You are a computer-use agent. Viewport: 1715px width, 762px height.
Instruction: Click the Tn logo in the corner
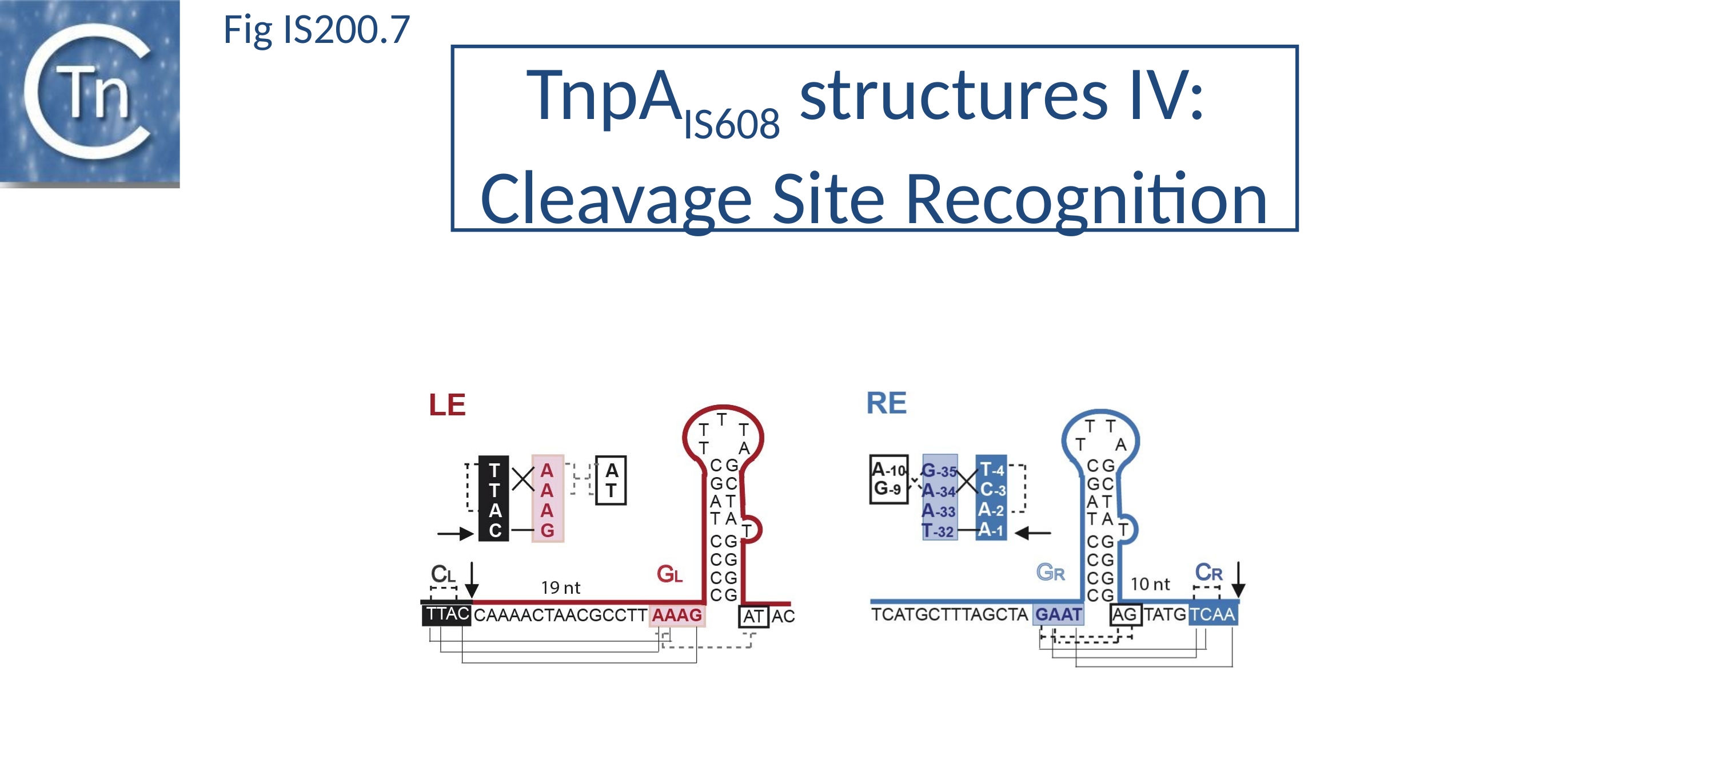pyautogui.click(x=90, y=93)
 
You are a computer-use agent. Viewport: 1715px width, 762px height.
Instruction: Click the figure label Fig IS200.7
pyautogui.click(x=316, y=30)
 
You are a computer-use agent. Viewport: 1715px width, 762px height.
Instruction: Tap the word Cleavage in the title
pyautogui.click(x=615, y=199)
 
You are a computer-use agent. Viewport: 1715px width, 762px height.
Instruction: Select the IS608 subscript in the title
pyautogui.click(x=731, y=124)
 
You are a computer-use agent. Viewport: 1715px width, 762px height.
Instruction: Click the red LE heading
pyautogui.click(x=446, y=405)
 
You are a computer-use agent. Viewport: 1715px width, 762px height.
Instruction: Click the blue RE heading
pyautogui.click(x=886, y=403)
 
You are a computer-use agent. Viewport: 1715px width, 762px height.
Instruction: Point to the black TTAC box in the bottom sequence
pyautogui.click(x=446, y=614)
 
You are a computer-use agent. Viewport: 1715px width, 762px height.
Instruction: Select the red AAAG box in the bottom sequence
pyautogui.click(x=676, y=615)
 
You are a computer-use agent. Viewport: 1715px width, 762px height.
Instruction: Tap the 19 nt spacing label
pyautogui.click(x=561, y=588)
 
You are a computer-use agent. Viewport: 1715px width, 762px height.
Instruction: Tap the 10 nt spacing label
pyautogui.click(x=1150, y=584)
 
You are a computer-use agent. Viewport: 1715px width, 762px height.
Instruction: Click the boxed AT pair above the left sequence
pyautogui.click(x=611, y=480)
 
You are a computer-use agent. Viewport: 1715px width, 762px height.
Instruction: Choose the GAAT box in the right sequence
pyautogui.click(x=1058, y=614)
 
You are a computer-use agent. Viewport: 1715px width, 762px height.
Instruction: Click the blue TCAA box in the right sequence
pyautogui.click(x=1213, y=614)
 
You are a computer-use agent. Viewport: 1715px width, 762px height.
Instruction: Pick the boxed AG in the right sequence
pyautogui.click(x=1125, y=614)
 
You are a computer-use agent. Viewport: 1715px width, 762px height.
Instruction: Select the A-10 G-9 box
pyautogui.click(x=889, y=479)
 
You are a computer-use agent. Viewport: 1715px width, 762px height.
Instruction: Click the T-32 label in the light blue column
pyautogui.click(x=939, y=531)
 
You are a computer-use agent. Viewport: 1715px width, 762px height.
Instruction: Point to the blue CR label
pyautogui.click(x=1209, y=572)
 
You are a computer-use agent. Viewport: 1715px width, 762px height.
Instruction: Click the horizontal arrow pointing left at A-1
pyautogui.click(x=1032, y=533)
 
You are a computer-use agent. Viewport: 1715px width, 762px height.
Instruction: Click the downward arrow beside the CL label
pyautogui.click(x=472, y=580)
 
